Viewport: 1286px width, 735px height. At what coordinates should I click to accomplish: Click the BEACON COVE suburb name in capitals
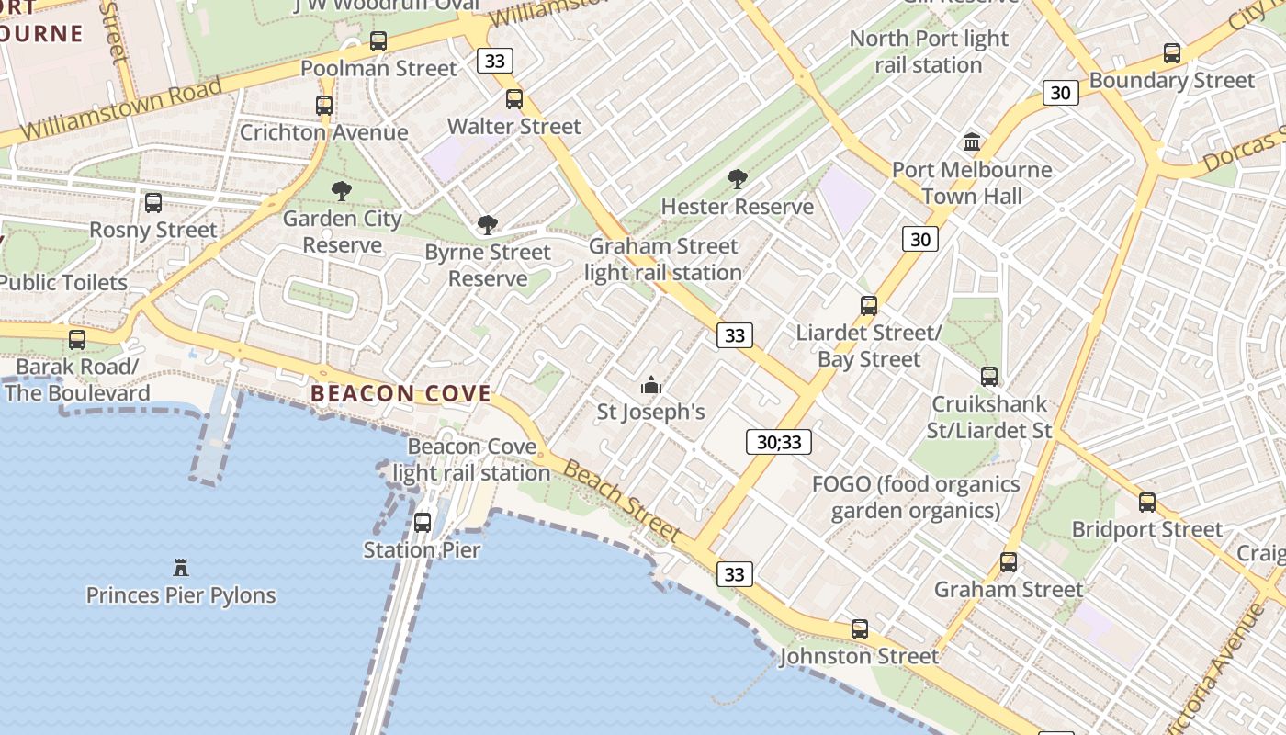tap(400, 394)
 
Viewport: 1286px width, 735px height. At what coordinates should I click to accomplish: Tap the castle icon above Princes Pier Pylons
tap(181, 567)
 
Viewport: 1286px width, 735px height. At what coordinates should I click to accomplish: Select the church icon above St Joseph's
tap(651, 385)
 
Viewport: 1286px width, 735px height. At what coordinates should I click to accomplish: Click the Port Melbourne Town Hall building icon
tap(972, 141)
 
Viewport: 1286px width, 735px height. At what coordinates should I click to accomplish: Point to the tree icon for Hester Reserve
tap(737, 179)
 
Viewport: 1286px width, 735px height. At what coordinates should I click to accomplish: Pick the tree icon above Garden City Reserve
tap(342, 191)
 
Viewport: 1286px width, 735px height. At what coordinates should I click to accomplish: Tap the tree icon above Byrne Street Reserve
tap(488, 225)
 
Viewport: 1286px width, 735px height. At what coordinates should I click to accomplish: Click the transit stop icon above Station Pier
tap(423, 523)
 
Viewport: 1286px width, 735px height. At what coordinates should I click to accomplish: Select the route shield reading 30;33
tap(779, 442)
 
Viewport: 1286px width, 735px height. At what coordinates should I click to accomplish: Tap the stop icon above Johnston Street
tap(860, 629)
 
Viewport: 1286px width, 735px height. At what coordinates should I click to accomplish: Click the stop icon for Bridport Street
tap(1147, 503)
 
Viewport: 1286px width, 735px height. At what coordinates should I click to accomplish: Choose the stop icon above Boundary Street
tap(1172, 53)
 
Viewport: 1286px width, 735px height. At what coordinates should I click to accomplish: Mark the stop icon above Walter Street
tap(514, 99)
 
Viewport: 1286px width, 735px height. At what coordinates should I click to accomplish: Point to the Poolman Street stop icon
tap(378, 41)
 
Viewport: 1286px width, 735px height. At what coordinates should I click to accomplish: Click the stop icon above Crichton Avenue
tap(324, 106)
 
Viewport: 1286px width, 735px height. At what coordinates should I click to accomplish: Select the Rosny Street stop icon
tap(153, 203)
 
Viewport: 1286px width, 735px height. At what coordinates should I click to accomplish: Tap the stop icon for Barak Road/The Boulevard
tap(77, 340)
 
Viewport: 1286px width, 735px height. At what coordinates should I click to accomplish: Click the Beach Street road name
tap(622, 502)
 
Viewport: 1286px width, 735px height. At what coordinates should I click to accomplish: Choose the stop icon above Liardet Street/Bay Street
tap(869, 306)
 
